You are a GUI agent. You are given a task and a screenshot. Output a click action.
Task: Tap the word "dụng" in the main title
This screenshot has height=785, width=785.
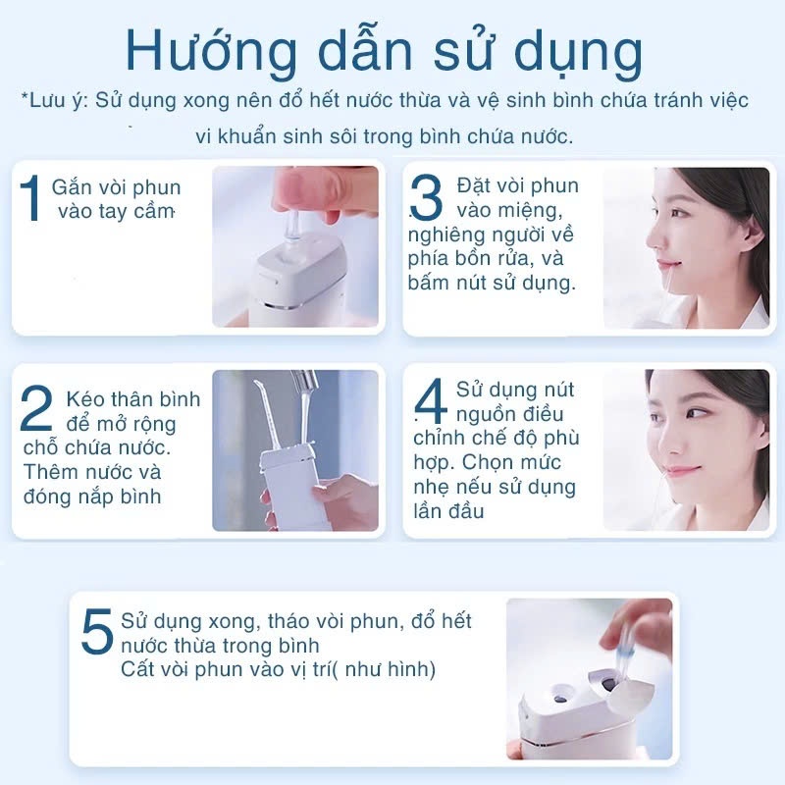point(579,53)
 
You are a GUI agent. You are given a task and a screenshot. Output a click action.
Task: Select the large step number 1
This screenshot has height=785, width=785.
point(30,198)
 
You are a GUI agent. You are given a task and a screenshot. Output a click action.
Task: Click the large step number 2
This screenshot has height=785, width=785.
point(36,408)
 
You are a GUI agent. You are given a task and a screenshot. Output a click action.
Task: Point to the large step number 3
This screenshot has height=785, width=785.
point(426,197)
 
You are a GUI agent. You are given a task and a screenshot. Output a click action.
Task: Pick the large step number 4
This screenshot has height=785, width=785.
point(431,401)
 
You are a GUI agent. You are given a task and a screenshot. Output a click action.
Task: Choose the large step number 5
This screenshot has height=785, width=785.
point(97,631)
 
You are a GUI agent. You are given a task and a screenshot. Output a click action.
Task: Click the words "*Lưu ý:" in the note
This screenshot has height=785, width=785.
point(54,100)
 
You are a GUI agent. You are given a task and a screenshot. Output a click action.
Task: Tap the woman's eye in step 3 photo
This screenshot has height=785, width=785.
point(677,213)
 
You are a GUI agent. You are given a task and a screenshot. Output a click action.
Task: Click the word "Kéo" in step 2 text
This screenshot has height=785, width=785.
point(84,399)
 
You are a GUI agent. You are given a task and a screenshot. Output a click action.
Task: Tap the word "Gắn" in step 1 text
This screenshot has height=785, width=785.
point(71,187)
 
